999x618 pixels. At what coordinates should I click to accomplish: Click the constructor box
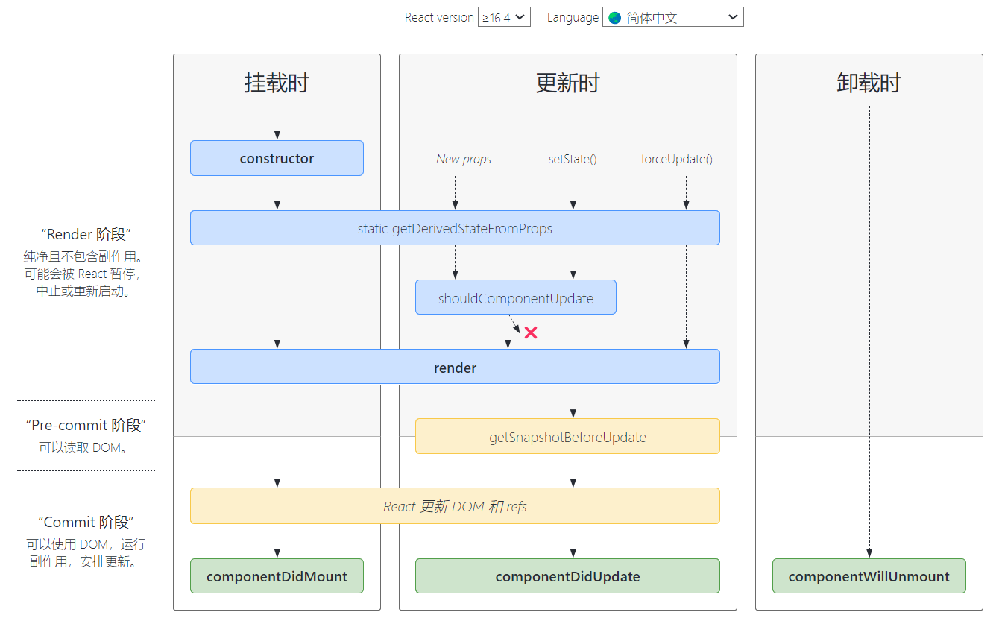(x=277, y=158)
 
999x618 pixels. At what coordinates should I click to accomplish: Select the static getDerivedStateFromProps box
(x=455, y=228)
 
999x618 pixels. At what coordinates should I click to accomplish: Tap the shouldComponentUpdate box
(x=516, y=297)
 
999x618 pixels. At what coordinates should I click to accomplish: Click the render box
(x=455, y=367)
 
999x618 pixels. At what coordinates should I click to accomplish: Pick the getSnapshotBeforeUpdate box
(x=567, y=437)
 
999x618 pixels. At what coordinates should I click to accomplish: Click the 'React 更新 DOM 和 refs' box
(x=455, y=506)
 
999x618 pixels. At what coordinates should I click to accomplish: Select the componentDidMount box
(x=277, y=576)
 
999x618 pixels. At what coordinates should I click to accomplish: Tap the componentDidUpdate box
(x=567, y=576)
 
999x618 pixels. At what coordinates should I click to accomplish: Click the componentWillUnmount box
(x=869, y=576)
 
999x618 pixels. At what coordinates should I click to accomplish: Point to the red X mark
(x=531, y=332)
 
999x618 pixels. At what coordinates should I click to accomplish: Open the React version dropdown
(x=504, y=17)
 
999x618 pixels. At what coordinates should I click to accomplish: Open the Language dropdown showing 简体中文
(x=673, y=17)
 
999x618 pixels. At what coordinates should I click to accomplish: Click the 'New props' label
(x=464, y=160)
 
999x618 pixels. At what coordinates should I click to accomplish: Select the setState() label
(x=573, y=160)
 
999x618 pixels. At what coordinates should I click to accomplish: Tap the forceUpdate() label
(x=676, y=160)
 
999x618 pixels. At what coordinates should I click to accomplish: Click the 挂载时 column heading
(x=277, y=83)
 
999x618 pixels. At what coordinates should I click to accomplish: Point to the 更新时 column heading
(x=568, y=83)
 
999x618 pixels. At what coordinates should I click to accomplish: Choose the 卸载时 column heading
(x=869, y=83)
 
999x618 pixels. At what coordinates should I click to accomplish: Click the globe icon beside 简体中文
(x=615, y=18)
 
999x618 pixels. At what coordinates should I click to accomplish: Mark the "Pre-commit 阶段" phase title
(x=86, y=426)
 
